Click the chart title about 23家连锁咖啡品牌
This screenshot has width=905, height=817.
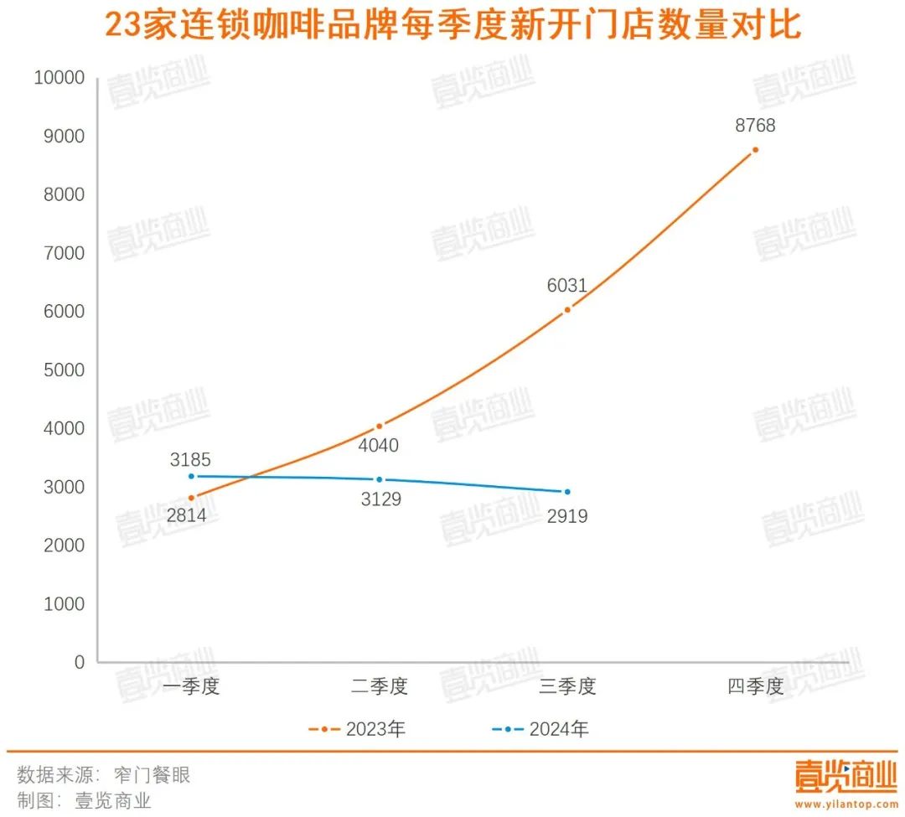[x=452, y=27]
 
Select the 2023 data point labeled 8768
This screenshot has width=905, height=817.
[x=755, y=150]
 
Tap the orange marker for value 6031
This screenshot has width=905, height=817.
[x=567, y=309]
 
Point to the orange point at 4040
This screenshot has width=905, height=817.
[x=379, y=426]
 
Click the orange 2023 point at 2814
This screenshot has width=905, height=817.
[x=191, y=498]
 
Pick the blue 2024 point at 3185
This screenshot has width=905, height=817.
[x=191, y=476]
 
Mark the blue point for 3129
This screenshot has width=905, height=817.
[x=379, y=479]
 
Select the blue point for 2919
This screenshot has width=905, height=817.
[x=567, y=492]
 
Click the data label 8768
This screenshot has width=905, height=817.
[x=755, y=127]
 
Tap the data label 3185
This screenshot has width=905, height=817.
[x=190, y=460]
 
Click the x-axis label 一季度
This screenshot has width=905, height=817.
[x=191, y=687]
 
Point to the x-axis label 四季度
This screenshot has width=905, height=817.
[x=755, y=687]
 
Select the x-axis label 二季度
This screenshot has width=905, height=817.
[x=379, y=687]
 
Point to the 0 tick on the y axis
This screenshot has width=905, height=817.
[x=79, y=663]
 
